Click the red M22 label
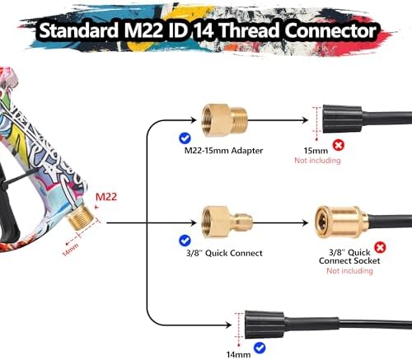[106, 197]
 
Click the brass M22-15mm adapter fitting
[224, 120]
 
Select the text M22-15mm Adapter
[223, 151]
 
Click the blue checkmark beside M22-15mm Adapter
[185, 138]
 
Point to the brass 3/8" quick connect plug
[227, 222]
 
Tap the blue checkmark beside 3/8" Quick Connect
[185, 241]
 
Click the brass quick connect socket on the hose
[341, 222]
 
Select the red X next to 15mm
[339, 145]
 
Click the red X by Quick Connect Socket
[380, 247]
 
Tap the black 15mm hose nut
[342, 119]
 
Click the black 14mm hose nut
[265, 325]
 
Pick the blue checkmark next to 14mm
[260, 348]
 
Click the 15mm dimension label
[316, 151]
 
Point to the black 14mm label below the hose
[238, 354]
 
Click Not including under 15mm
[317, 161]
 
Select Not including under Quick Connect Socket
[349, 271]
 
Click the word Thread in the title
[250, 30]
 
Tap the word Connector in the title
[330, 30]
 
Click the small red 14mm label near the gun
[70, 250]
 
